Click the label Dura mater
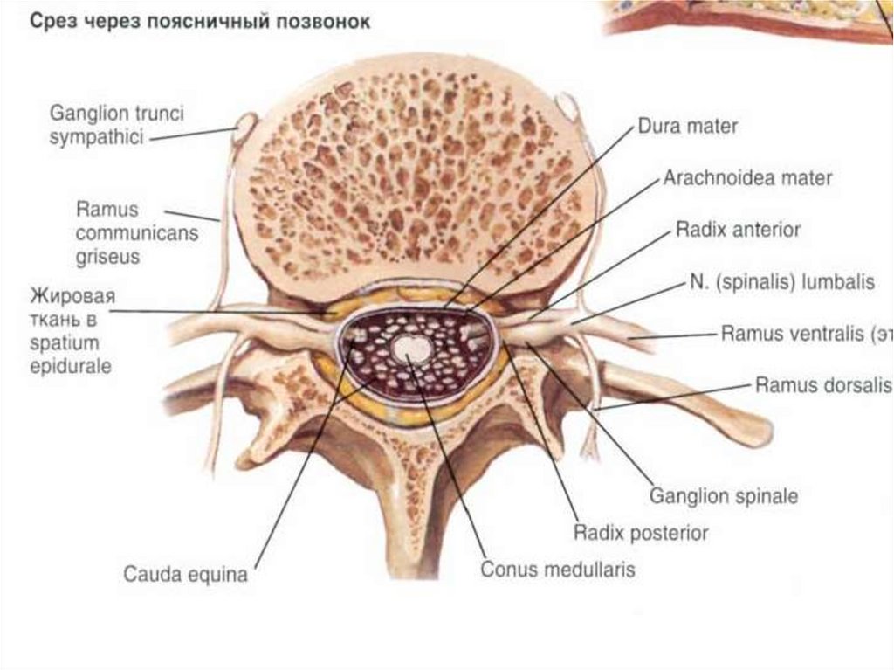688,126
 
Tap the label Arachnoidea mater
747,178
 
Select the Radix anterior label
738,231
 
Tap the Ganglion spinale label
724,496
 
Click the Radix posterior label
640,532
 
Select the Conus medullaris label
557,570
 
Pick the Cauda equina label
185,575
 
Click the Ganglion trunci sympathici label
117,124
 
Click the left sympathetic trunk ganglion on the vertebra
244,128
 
